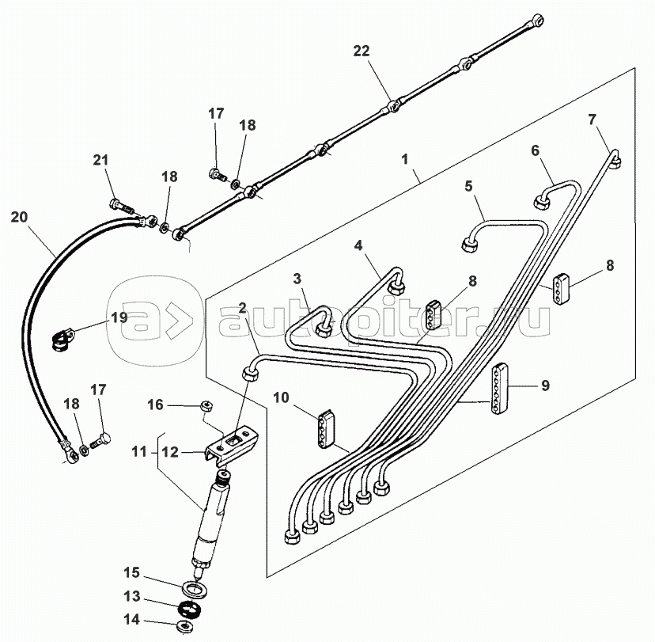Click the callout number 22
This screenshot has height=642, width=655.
coord(361,51)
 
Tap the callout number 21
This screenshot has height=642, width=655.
coord(100,161)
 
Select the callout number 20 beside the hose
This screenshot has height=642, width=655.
coord(21,216)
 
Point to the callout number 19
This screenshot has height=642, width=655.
coord(119,318)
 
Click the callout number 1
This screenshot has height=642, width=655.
coord(404,160)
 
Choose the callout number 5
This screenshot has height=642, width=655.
coord(468,187)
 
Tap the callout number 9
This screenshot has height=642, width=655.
coord(545,386)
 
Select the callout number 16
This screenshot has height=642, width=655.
coord(157,405)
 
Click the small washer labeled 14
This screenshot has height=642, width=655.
coord(183,626)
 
